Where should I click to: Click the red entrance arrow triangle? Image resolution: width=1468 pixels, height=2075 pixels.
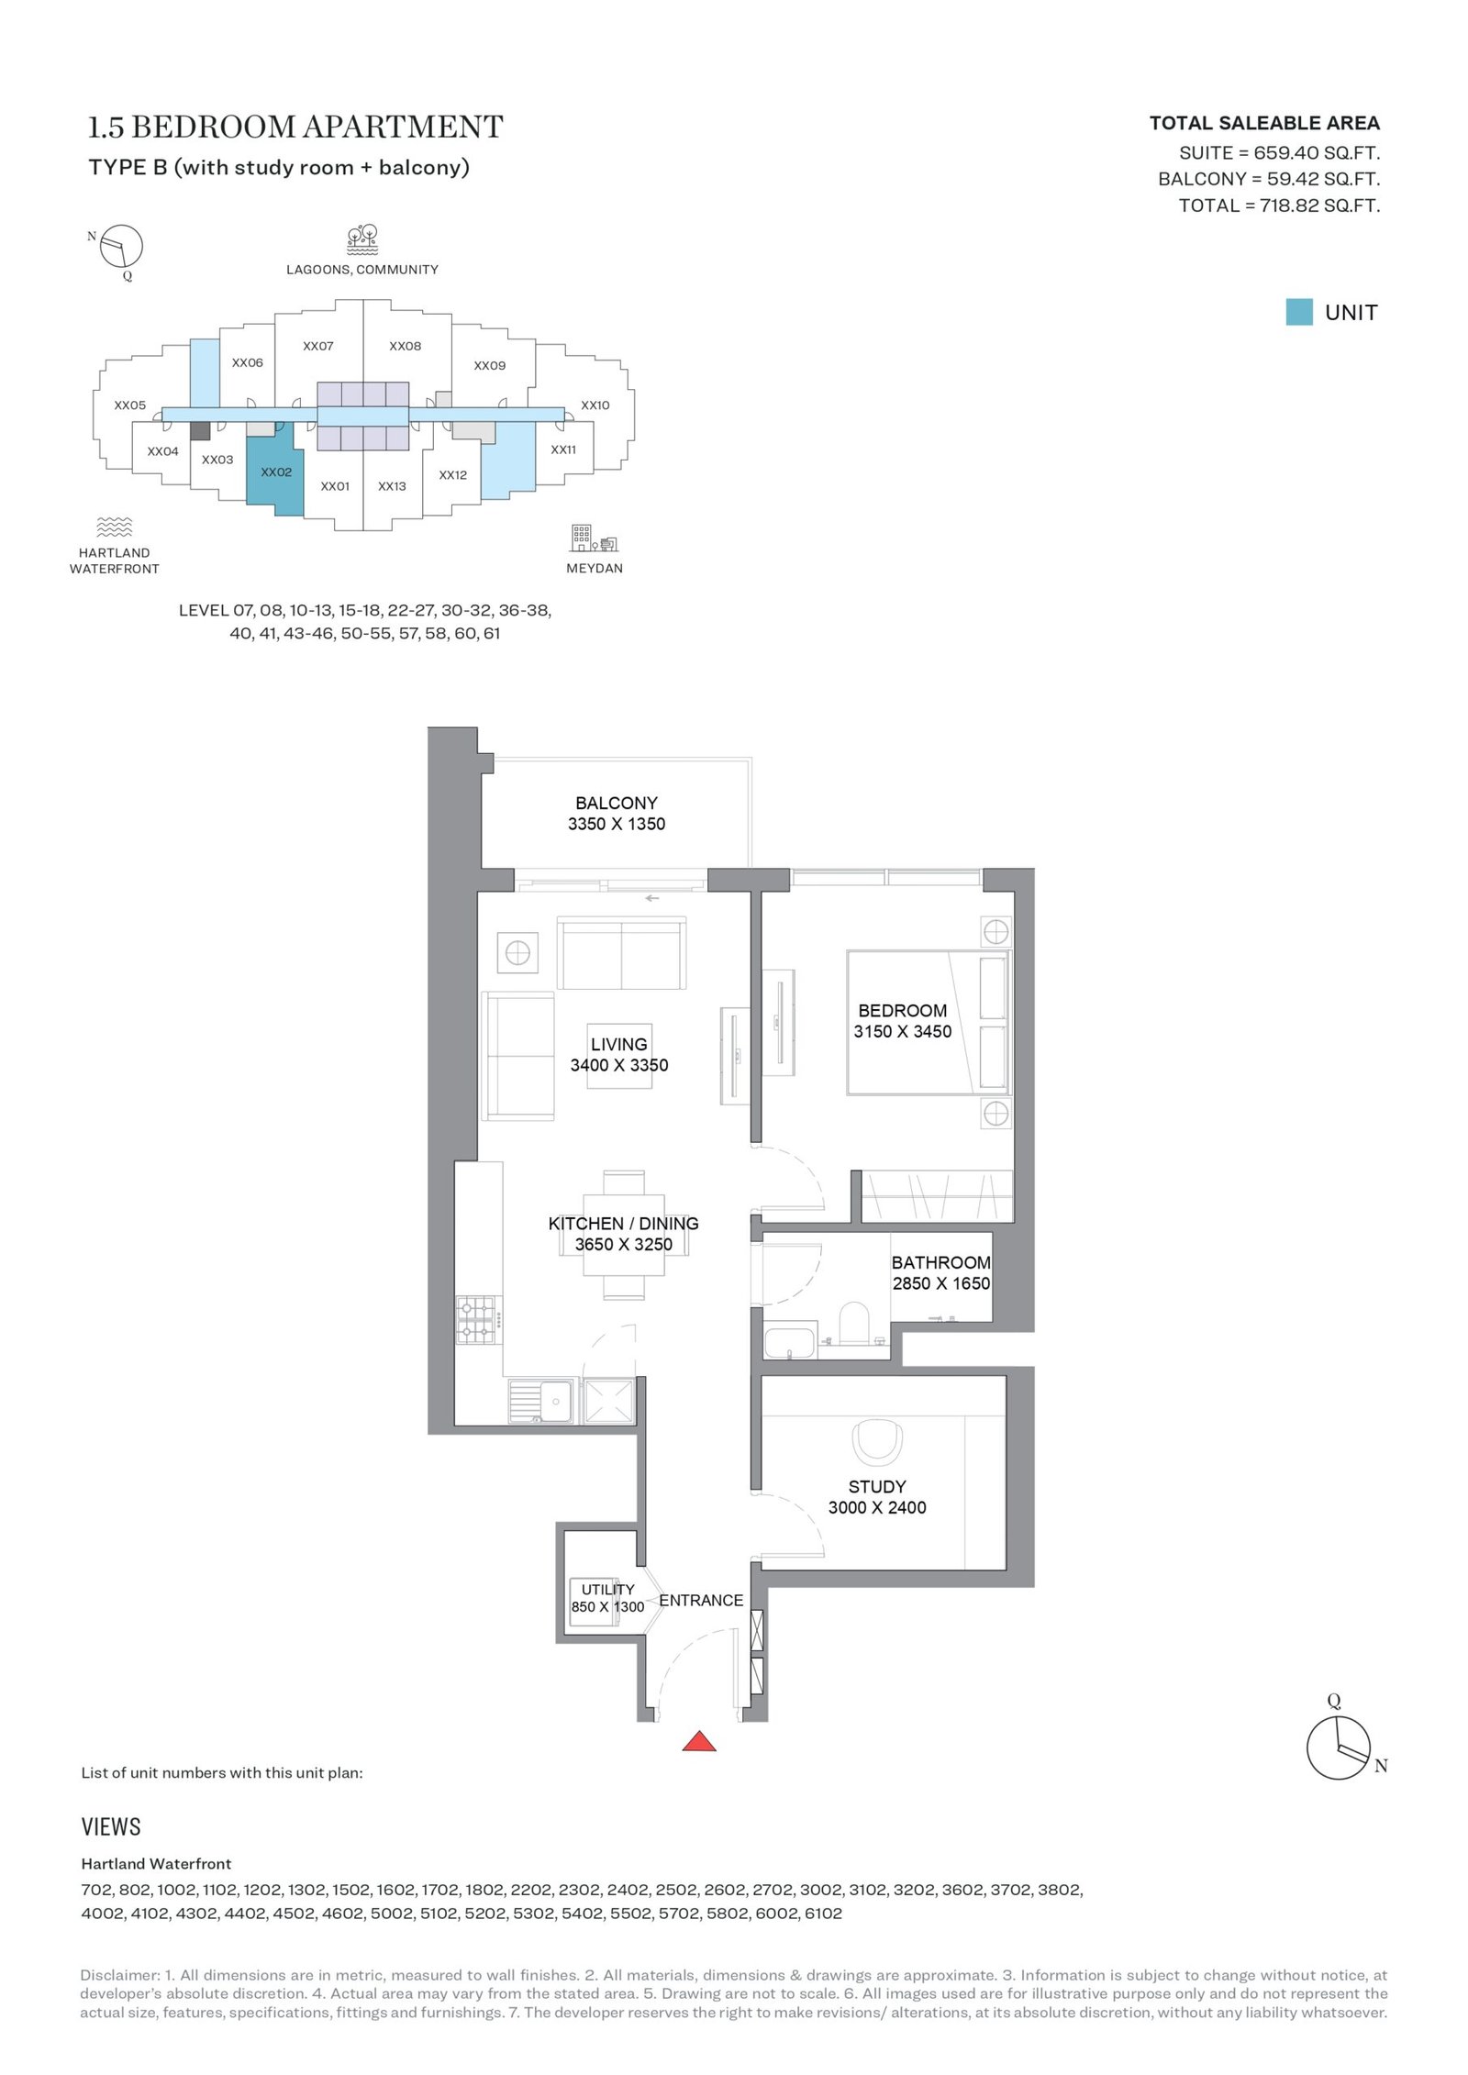tap(698, 1740)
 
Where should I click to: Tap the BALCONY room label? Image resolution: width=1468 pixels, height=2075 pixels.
tap(617, 803)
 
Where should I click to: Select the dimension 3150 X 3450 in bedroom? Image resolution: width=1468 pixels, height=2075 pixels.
tap(903, 1031)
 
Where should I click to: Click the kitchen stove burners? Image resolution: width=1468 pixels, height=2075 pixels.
tap(478, 1319)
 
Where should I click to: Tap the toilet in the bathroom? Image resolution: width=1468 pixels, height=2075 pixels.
tap(854, 1322)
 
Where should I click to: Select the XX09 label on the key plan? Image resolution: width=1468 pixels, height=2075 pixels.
tap(490, 365)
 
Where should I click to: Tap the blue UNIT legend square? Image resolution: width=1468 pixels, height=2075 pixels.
tap(1299, 312)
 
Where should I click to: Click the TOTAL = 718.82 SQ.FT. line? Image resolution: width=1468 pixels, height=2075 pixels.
tap(1279, 205)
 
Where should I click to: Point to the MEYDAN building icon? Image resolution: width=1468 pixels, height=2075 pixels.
tap(595, 538)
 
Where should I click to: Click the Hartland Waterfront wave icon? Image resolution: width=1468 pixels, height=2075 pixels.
tap(115, 527)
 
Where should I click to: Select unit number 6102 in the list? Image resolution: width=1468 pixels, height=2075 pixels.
tap(823, 1914)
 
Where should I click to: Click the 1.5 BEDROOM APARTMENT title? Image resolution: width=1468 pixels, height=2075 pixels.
tap(295, 127)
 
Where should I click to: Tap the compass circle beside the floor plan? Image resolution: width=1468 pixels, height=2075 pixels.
tap(1339, 1748)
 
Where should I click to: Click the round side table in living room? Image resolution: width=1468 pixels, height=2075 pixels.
tap(517, 953)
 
